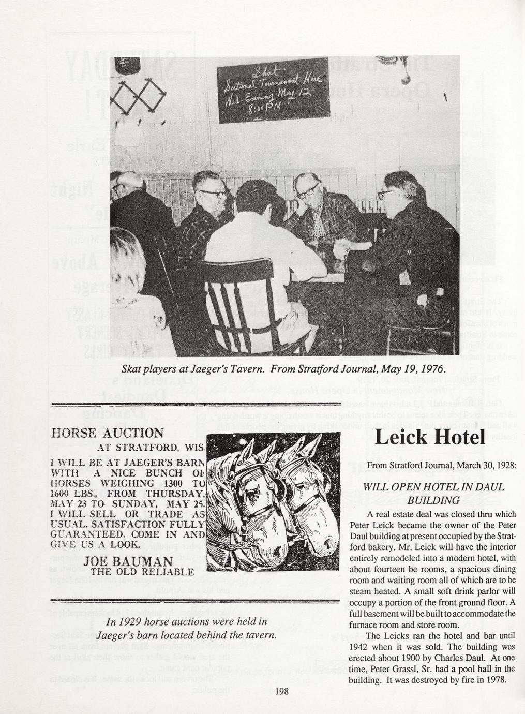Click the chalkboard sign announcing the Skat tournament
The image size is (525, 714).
(273, 91)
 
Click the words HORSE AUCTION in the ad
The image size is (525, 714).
(108, 433)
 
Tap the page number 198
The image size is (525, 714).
(281, 691)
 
